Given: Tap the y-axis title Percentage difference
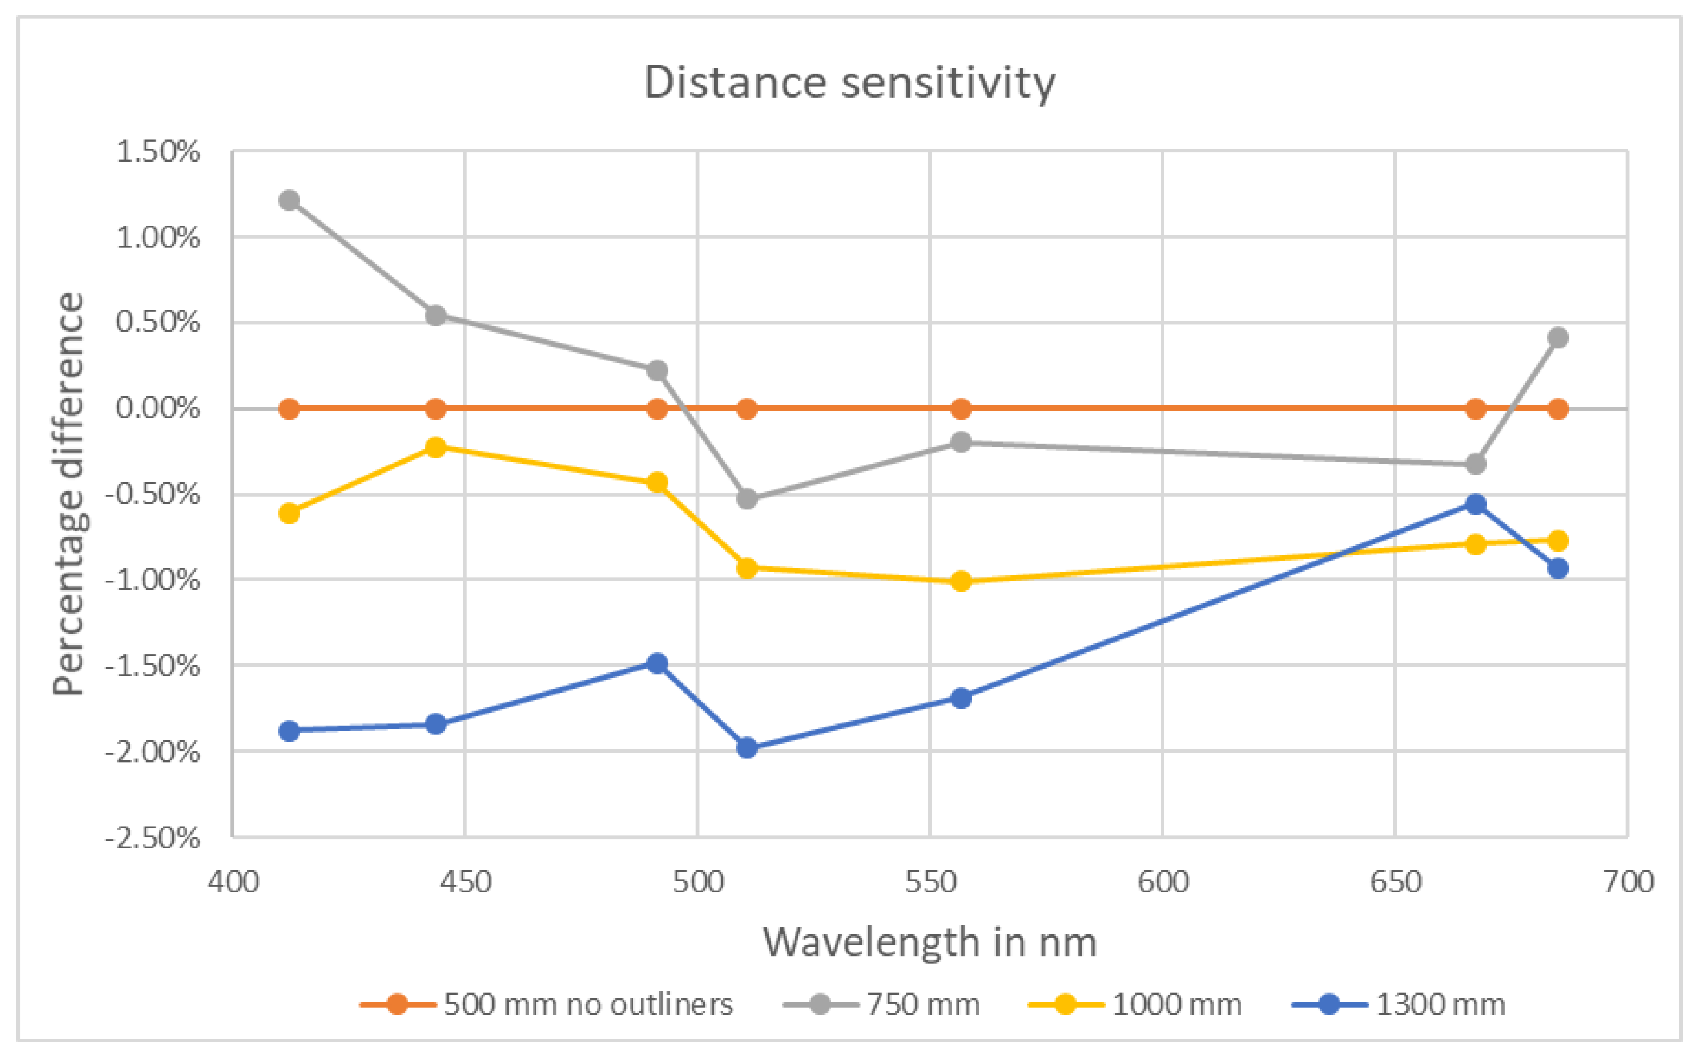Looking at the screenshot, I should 68,494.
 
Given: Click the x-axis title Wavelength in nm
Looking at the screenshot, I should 929,943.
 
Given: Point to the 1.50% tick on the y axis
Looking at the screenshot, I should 158,152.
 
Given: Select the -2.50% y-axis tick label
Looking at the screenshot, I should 152,837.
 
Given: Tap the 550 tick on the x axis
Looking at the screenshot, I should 930,882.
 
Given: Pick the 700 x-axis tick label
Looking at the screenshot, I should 1628,882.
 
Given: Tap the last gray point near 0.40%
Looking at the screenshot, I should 1557,338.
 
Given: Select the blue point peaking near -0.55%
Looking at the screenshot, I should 1475,504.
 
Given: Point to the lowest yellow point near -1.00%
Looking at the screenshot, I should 961,581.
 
